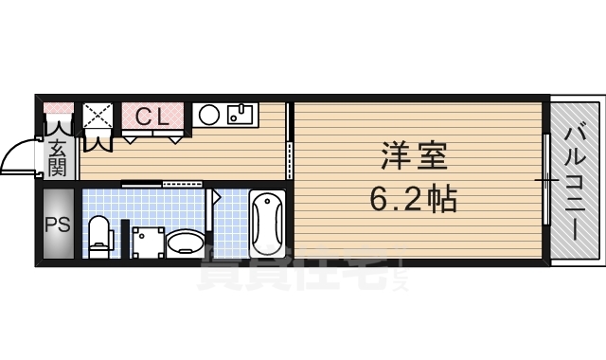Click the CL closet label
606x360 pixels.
click(151, 117)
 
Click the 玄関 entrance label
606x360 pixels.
click(58, 157)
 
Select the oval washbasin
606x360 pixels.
click(185, 243)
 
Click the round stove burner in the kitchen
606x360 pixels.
click(210, 116)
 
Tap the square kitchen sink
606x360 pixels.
click(240, 116)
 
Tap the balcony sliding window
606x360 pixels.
click(546, 180)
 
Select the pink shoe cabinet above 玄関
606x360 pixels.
click(58, 107)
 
